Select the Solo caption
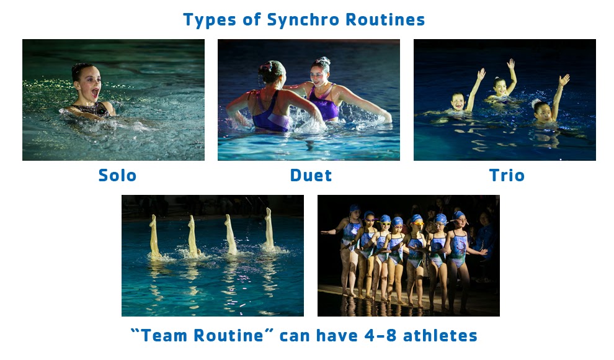(117, 176)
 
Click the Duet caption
(311, 176)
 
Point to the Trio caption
(507, 176)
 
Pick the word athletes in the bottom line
(440, 336)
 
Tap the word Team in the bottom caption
(166, 336)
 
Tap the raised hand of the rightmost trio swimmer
(564, 80)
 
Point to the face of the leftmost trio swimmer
(458, 101)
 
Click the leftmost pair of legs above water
(153, 236)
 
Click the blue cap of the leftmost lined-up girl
(354, 209)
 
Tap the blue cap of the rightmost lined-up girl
(459, 215)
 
